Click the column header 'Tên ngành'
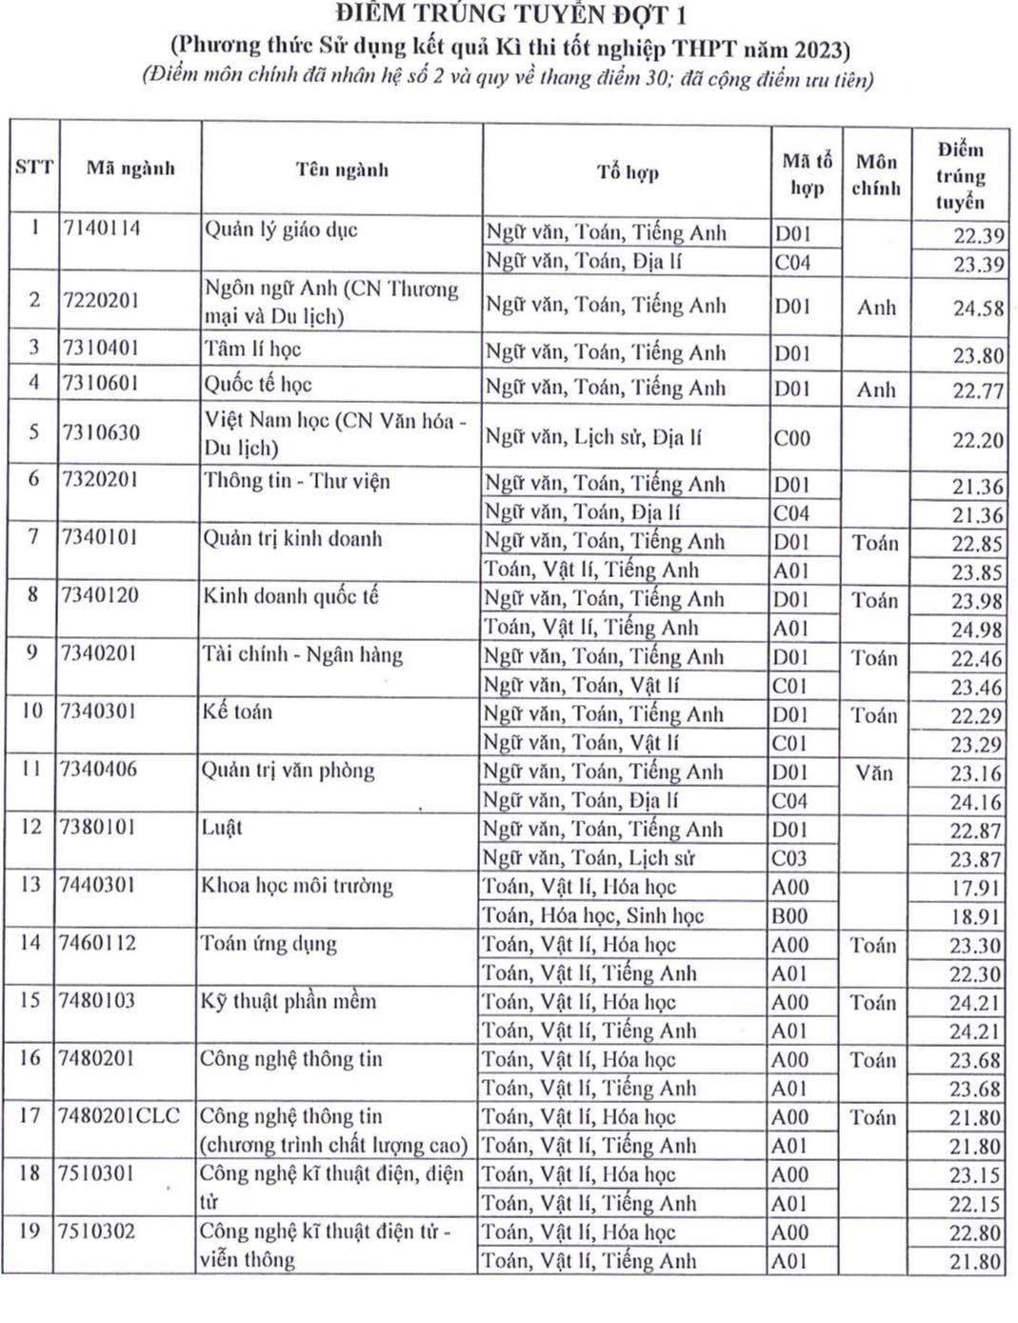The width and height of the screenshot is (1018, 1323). coord(342,170)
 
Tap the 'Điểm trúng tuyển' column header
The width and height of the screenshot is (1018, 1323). coord(959,175)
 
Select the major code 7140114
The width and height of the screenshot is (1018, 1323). coord(102,229)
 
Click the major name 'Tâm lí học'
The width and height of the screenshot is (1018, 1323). coord(252,350)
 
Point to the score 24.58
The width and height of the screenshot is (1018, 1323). coord(978,309)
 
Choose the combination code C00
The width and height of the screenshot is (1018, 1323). coord(791,438)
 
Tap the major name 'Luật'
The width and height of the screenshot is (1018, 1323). coord(222,828)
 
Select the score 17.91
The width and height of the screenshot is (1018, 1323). coord(975,888)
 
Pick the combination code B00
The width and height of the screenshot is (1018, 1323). coord(789,916)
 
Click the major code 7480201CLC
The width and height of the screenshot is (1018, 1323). coord(119,1115)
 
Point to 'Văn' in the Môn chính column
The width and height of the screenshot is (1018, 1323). coord(874,772)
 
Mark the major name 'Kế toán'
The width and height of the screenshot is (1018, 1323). coord(237,712)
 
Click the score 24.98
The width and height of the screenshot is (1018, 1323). coord(976,630)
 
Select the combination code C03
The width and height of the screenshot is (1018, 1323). coord(789,858)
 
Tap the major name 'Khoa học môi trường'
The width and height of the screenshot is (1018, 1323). coord(296,886)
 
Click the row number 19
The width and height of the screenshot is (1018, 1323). coord(30,1231)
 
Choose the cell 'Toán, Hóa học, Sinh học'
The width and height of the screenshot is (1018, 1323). coord(592,916)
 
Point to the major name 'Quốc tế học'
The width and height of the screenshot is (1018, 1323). coord(257,385)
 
